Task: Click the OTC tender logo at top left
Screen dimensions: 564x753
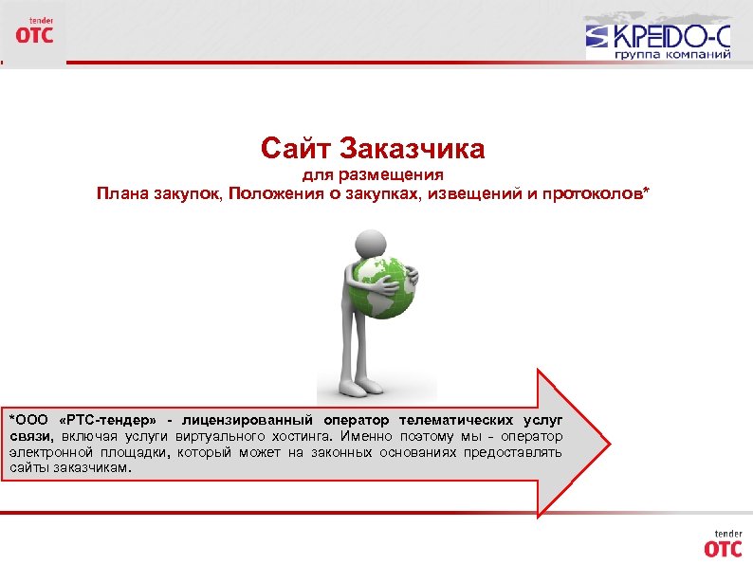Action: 33,30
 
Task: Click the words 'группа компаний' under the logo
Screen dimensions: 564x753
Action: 672,54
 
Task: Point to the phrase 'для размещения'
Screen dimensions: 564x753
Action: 373,176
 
